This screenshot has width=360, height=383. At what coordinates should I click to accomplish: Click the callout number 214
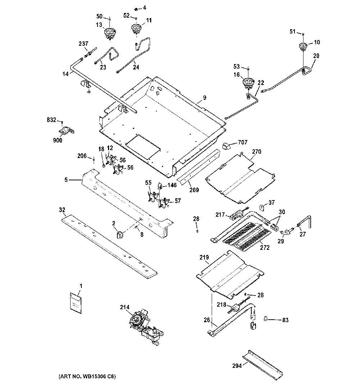click(124, 307)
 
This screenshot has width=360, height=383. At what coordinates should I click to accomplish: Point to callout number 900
click(57, 140)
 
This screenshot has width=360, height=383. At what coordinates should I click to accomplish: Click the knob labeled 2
click(120, 235)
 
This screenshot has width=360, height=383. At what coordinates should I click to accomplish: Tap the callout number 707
click(243, 142)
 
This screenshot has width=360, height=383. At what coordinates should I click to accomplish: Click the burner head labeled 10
click(303, 46)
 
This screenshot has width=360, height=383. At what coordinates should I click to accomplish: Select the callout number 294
click(237, 366)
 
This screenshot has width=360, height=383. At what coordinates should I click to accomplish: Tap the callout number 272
click(265, 247)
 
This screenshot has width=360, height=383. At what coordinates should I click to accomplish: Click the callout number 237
click(83, 44)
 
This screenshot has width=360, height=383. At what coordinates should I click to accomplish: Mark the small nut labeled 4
click(136, 9)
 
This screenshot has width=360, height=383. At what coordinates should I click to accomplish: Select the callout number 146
click(172, 185)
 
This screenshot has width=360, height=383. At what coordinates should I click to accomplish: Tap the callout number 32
click(62, 209)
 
